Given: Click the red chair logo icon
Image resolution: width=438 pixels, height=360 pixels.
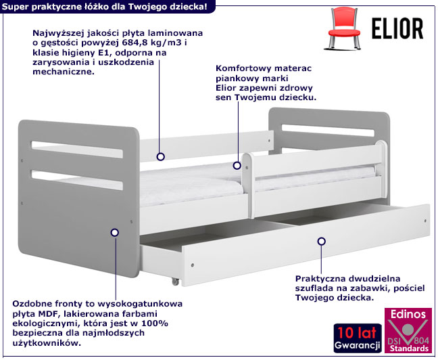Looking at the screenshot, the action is [x=342, y=28].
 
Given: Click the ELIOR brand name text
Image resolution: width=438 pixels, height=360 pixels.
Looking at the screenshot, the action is [x=397, y=28].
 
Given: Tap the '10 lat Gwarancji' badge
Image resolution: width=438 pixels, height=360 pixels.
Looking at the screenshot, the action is [x=358, y=338].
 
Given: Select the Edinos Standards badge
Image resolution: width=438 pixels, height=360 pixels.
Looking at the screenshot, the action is [x=408, y=330].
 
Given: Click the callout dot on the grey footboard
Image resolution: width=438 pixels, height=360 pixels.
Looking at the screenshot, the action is [x=114, y=233].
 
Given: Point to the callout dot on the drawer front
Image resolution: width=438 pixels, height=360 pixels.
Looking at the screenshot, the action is [x=322, y=241].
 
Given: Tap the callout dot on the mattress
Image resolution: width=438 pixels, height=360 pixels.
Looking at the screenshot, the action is [x=237, y=166].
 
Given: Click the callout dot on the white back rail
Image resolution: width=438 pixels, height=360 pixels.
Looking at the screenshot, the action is [x=160, y=156].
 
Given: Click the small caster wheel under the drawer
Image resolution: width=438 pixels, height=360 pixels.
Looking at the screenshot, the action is [x=175, y=282].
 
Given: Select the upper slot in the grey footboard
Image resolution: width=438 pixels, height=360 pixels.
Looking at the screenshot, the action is [x=77, y=150].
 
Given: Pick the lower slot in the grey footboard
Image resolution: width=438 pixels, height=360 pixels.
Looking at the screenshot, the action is [x=77, y=180].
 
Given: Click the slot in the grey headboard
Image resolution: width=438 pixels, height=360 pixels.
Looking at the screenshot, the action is [x=328, y=131].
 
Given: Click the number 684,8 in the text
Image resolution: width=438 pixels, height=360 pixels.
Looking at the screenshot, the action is [x=134, y=43].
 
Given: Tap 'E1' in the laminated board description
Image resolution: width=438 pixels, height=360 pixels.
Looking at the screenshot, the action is [x=106, y=53].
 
